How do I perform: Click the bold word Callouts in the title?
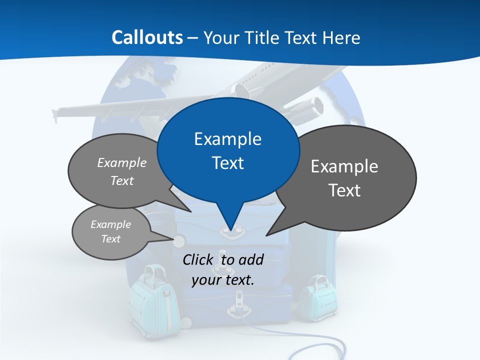coord(147,37)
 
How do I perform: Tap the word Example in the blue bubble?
coord(227,139)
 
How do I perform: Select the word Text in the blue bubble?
coord(227,163)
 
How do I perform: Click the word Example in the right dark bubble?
coord(344,166)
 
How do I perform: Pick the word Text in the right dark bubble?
coord(344,190)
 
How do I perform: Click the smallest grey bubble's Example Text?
coord(110,231)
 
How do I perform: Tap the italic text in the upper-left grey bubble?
coord(121,171)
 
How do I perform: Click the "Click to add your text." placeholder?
coord(222,269)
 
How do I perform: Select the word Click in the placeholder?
coord(198,259)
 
